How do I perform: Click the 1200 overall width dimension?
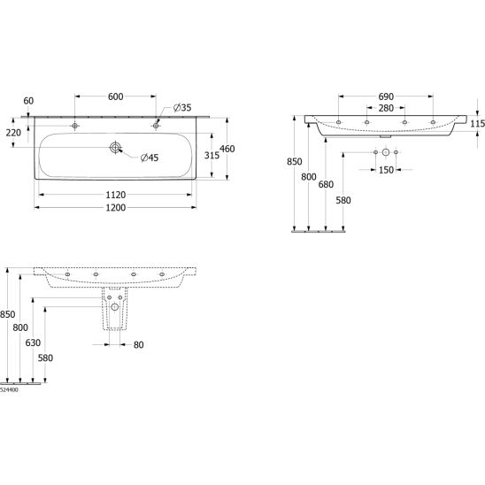pyautogui.click(x=116, y=208)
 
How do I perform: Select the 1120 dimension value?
pyautogui.click(x=116, y=195)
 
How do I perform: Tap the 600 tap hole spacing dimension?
pyautogui.click(x=115, y=96)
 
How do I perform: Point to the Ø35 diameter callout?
pyautogui.click(x=182, y=108)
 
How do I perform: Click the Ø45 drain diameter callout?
pyautogui.click(x=150, y=158)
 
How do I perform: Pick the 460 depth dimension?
pyautogui.click(x=227, y=149)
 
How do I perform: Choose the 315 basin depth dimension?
pyautogui.click(x=212, y=155)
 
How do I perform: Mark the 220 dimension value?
pyautogui.click(x=13, y=133)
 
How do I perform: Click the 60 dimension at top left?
pyautogui.click(x=28, y=101)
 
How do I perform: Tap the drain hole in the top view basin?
pyautogui.click(x=115, y=147)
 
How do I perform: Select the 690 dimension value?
pyautogui.click(x=386, y=96)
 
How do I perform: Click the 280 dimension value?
pyautogui.click(x=386, y=108)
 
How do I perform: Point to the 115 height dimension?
pyautogui.click(x=477, y=124)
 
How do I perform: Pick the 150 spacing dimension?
pyautogui.click(x=386, y=170)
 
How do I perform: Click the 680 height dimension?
pyautogui.click(x=326, y=184)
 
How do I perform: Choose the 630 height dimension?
pyautogui.click(x=33, y=343)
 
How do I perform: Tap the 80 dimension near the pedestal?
pyautogui.click(x=139, y=345)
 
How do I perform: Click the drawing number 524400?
pyautogui.click(x=9, y=389)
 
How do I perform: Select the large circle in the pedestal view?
pyautogui.click(x=115, y=307)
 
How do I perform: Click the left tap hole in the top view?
pyautogui.click(x=74, y=126)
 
